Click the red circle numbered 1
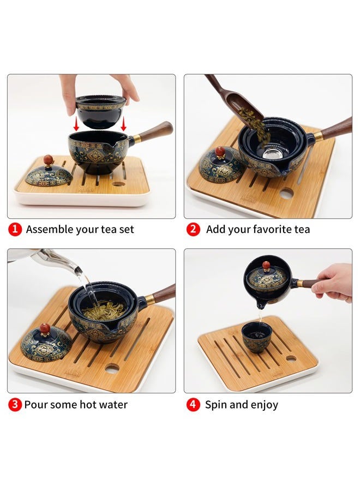point(15,229)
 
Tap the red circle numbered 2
point(193,229)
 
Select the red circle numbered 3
point(15,404)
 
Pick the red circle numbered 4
point(193,404)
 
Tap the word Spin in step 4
point(215,405)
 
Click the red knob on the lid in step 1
point(48,160)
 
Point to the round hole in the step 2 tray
point(286,193)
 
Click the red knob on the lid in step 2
point(220,152)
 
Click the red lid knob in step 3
point(45,328)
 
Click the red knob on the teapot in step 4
point(266,266)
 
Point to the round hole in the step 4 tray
point(291,358)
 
